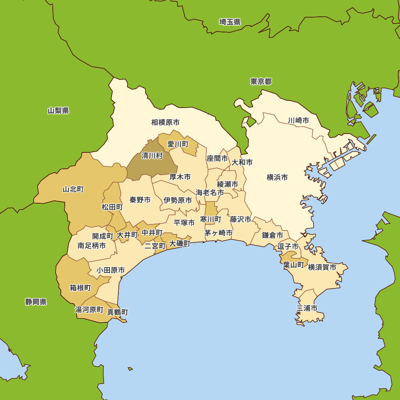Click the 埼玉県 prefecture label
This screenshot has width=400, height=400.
(x=230, y=22)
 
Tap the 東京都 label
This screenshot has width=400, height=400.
(x=261, y=82)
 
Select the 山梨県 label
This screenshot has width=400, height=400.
(x=58, y=111)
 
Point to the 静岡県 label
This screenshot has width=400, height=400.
(x=36, y=302)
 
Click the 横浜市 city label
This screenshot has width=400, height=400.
(x=277, y=177)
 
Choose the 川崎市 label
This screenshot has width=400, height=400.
(x=298, y=120)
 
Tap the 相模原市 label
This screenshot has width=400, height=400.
(x=165, y=122)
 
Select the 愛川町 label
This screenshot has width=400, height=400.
(x=178, y=144)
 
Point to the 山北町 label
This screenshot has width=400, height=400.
(x=73, y=189)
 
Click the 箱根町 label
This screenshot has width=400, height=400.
(x=80, y=288)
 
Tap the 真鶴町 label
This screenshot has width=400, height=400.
(x=118, y=312)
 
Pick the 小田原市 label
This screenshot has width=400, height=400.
(x=110, y=270)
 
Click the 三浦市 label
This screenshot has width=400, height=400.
(x=307, y=308)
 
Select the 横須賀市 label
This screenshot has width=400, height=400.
(x=322, y=267)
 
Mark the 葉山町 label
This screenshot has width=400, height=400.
(x=294, y=265)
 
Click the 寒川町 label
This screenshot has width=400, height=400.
(x=210, y=219)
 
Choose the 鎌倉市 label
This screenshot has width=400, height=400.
(x=272, y=235)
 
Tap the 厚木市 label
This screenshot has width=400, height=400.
(x=180, y=177)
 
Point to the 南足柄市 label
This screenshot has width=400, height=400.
(x=92, y=246)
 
